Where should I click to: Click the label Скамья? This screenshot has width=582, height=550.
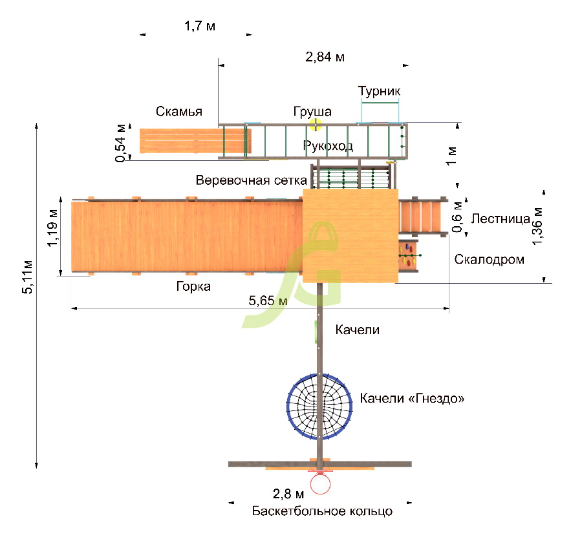point(179,111)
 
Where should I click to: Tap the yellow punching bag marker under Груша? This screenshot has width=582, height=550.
point(316,125)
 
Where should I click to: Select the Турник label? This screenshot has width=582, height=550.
point(379,91)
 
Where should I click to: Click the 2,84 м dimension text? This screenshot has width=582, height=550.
point(325,57)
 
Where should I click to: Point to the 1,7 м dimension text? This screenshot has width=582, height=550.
point(200,26)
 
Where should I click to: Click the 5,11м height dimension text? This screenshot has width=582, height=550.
point(27,277)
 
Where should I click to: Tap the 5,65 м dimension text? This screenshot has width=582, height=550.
point(268,301)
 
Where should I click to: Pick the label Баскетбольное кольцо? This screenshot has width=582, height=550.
point(322,511)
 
